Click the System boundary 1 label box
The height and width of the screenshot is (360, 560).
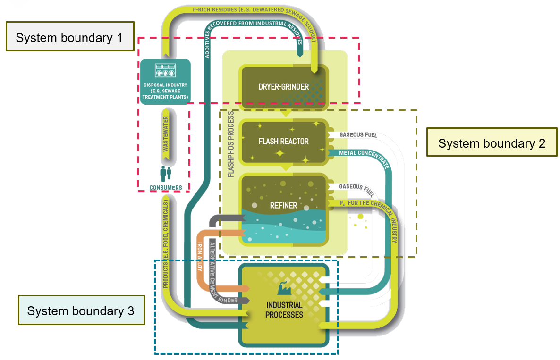point(68,38)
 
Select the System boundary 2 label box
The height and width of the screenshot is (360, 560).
point(491,142)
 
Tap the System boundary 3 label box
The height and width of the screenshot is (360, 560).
point(80,310)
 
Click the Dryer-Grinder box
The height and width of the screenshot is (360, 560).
point(283,86)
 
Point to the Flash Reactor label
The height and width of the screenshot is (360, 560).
point(283,141)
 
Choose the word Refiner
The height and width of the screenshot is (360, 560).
point(283,205)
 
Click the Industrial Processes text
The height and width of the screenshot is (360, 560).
point(284,310)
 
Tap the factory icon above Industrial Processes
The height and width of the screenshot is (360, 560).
point(284,286)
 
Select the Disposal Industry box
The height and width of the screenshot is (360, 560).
point(165,82)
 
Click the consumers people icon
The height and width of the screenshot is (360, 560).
point(165,174)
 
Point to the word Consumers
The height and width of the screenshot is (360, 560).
point(166,188)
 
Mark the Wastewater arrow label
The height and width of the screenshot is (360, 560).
point(166,134)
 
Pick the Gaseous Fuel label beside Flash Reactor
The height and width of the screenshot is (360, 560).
point(357,135)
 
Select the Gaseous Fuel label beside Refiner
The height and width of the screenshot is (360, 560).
point(357,187)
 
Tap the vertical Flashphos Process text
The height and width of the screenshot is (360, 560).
point(231,144)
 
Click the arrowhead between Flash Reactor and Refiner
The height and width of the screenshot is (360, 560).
point(285,167)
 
